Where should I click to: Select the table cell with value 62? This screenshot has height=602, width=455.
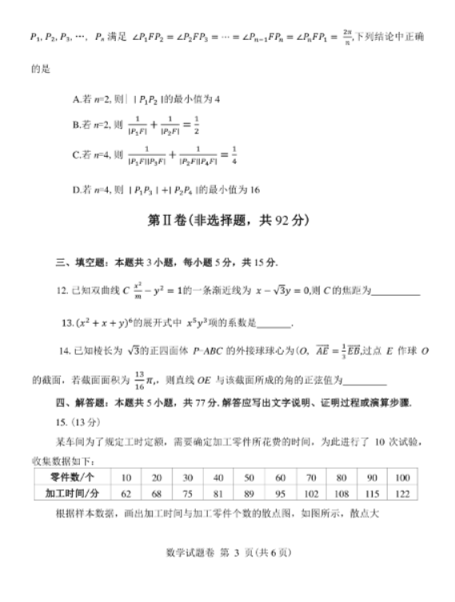point(126,493)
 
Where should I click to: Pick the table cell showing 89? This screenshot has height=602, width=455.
point(249,493)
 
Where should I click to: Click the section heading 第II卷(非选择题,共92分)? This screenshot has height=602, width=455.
point(228,220)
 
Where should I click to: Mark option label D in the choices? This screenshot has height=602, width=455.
point(76,190)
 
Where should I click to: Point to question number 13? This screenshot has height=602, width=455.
point(67,322)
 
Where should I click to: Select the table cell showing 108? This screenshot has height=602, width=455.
point(341,493)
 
